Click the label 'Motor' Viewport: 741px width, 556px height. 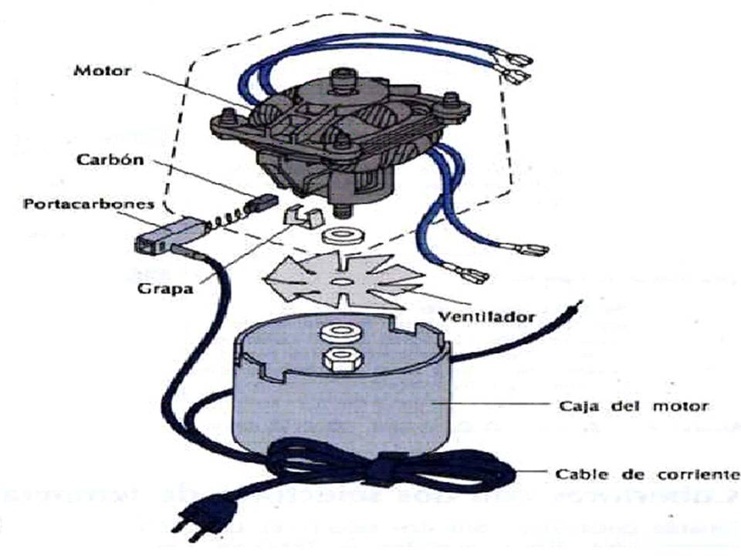point(103,70)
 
